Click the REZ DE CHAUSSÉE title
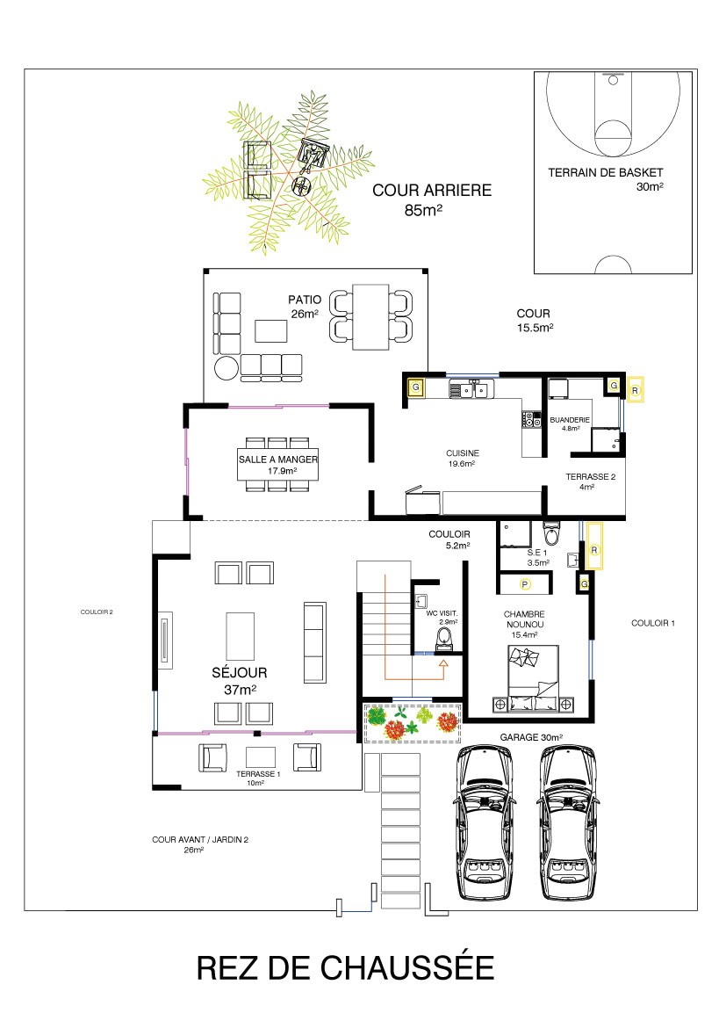coord(345,967)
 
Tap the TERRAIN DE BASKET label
coord(606,172)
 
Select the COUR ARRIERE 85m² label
coord(432,199)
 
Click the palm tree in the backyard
coord(288,171)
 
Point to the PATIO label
coord(305,300)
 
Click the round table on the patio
coord(227,368)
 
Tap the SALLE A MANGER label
coord(277,459)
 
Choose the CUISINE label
coord(463,453)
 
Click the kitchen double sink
coord(471,390)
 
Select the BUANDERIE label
coord(570,420)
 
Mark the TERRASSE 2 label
coord(590,476)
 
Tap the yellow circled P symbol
coord(525,583)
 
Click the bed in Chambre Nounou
coord(534,678)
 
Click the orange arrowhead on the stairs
coord(443,663)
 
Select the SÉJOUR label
coord(239,673)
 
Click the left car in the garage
coord(485,822)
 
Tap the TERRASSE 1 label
coord(258,773)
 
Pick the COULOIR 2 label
coord(97,612)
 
